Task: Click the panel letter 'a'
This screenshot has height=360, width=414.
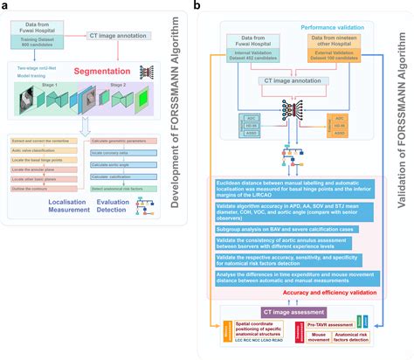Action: coord(5,6)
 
